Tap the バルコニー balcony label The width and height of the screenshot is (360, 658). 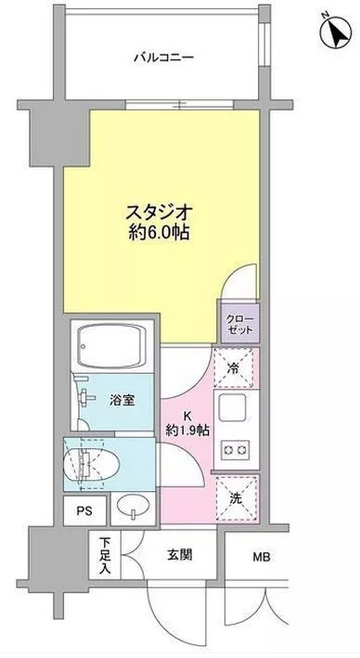point(164,58)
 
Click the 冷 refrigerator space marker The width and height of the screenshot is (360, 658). point(234,368)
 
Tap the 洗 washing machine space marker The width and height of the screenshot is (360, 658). point(237,498)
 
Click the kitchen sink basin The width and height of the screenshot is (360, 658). point(231,406)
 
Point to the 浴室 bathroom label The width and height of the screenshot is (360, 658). point(122,401)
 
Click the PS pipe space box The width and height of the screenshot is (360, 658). point(84,510)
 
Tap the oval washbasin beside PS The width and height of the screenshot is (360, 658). point(134,508)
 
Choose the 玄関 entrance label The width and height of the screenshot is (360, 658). point(180,556)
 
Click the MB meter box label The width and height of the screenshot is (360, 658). point(261,557)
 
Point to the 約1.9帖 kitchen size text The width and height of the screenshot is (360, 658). point(188,430)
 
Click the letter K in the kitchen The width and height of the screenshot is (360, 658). point(188,417)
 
